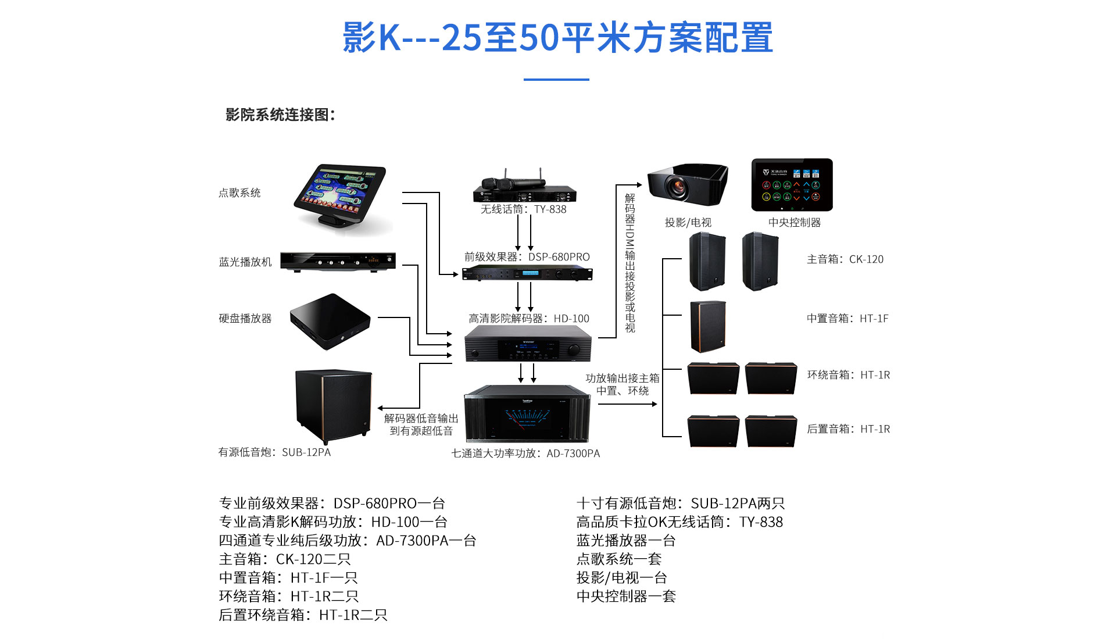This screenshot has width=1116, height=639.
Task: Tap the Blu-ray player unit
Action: point(338,261)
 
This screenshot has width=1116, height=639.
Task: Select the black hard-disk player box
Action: point(330,320)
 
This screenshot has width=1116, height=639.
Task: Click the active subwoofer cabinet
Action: point(333,405)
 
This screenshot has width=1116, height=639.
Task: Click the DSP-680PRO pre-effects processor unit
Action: point(527,273)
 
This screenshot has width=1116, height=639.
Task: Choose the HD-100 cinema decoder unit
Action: point(528,344)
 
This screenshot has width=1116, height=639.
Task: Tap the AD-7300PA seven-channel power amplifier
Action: point(527,414)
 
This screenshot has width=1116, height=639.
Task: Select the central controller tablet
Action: point(792,184)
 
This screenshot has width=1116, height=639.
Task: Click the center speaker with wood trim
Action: point(707,326)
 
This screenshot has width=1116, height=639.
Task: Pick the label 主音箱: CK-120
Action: point(845,259)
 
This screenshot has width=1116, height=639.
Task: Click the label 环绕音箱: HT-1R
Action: point(848,375)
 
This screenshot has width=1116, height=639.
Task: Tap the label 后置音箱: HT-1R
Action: point(848,429)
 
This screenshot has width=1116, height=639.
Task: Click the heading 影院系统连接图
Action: point(280,115)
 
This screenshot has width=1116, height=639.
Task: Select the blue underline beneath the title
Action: point(556,80)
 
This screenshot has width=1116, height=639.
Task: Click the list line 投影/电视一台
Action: point(621,577)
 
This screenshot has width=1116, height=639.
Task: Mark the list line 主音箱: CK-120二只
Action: point(284,559)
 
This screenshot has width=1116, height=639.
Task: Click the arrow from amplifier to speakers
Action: point(628,404)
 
